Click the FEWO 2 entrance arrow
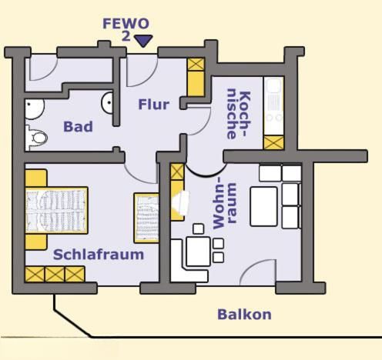(x=144, y=41)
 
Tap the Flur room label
(x=154, y=105)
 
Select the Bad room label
(x=78, y=127)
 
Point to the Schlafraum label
(x=99, y=255)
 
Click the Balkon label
(x=244, y=315)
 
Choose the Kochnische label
(x=239, y=115)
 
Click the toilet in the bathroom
(x=37, y=138)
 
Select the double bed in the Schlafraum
(x=56, y=211)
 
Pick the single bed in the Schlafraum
(x=146, y=218)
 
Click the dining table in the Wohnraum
(x=198, y=252)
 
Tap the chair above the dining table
(x=198, y=228)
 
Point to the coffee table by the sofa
(x=263, y=207)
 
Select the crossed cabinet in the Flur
(x=196, y=64)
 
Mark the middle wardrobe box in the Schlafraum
(x=55, y=274)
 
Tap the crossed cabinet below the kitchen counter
(x=274, y=142)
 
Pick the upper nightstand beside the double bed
(x=36, y=178)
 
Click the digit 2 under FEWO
(x=126, y=36)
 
